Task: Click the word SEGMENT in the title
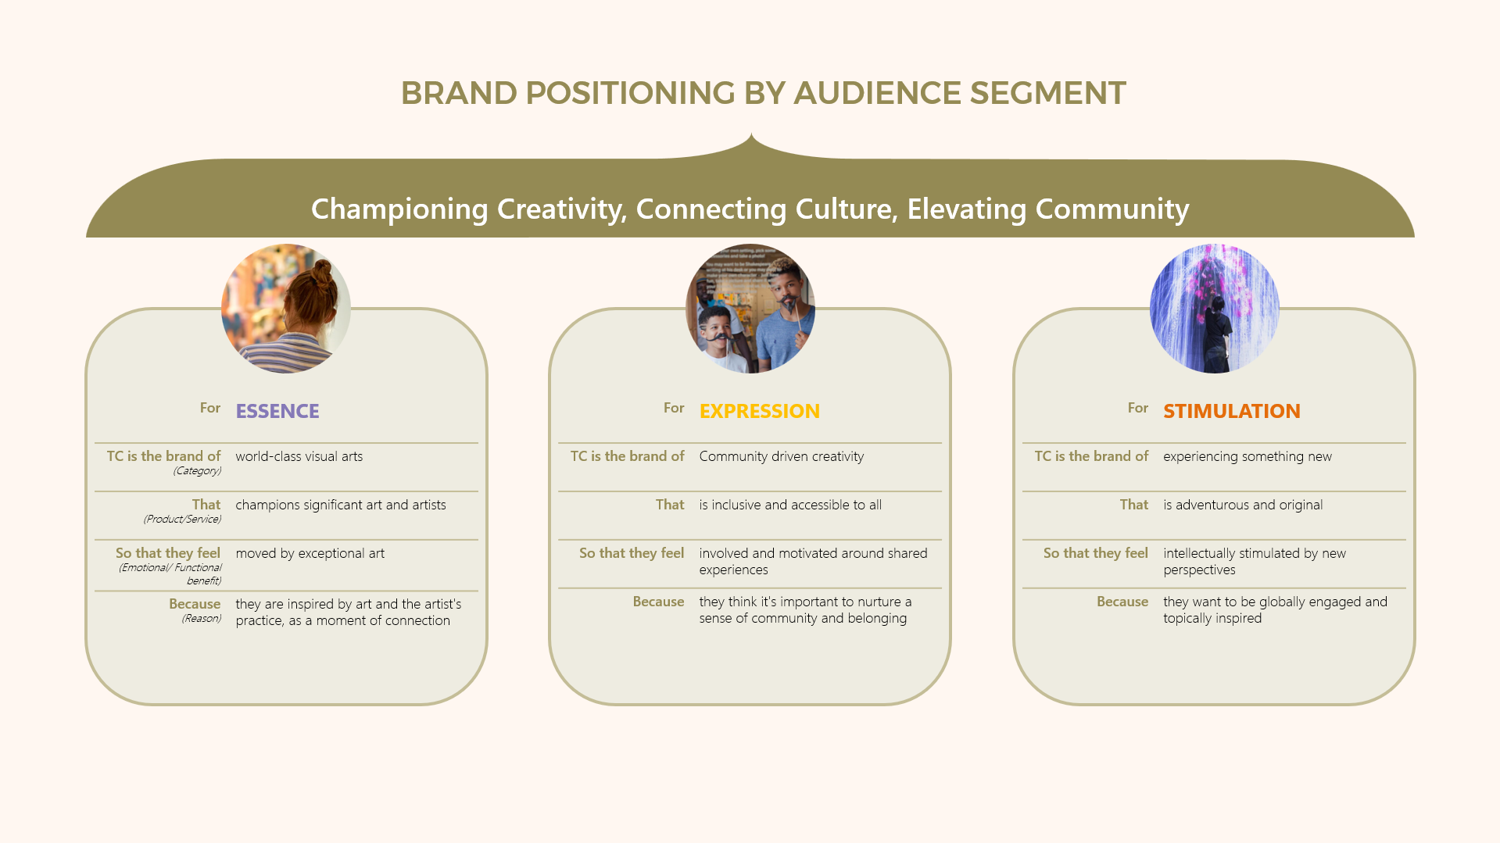point(1047,93)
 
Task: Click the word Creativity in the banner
point(562,209)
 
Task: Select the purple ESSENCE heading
point(277,411)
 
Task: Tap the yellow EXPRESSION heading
point(760,411)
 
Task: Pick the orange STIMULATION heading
point(1232,411)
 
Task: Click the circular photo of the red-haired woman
point(286,309)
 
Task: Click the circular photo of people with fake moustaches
point(750,309)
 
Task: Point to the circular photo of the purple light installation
point(1215,309)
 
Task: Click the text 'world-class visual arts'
point(299,456)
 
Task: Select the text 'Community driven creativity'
point(782,456)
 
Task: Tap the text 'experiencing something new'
point(1248,456)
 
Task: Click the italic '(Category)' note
point(198,471)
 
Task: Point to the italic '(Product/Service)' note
point(183,520)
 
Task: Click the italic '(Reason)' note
point(202,619)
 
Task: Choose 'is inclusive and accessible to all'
point(790,505)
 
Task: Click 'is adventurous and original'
point(1243,505)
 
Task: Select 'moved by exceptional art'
point(310,553)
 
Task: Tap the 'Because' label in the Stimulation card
point(1122,602)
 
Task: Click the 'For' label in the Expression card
point(674,408)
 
